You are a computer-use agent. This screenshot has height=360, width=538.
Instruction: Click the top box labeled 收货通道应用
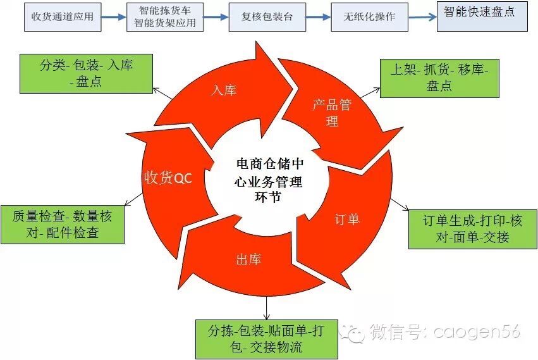[62, 16]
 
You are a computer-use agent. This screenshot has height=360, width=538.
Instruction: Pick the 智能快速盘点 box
[482, 14]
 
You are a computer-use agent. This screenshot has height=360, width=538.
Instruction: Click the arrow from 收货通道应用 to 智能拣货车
[113, 17]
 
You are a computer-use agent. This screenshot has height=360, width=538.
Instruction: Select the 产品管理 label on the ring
[332, 113]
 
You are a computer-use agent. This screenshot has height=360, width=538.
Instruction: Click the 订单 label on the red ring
[346, 220]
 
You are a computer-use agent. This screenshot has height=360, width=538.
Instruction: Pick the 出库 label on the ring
[248, 259]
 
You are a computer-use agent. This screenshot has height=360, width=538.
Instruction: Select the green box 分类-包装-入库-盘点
[87, 73]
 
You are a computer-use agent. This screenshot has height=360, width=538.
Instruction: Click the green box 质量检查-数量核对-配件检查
[62, 225]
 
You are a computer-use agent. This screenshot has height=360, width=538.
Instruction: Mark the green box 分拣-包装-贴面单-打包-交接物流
[266, 338]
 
